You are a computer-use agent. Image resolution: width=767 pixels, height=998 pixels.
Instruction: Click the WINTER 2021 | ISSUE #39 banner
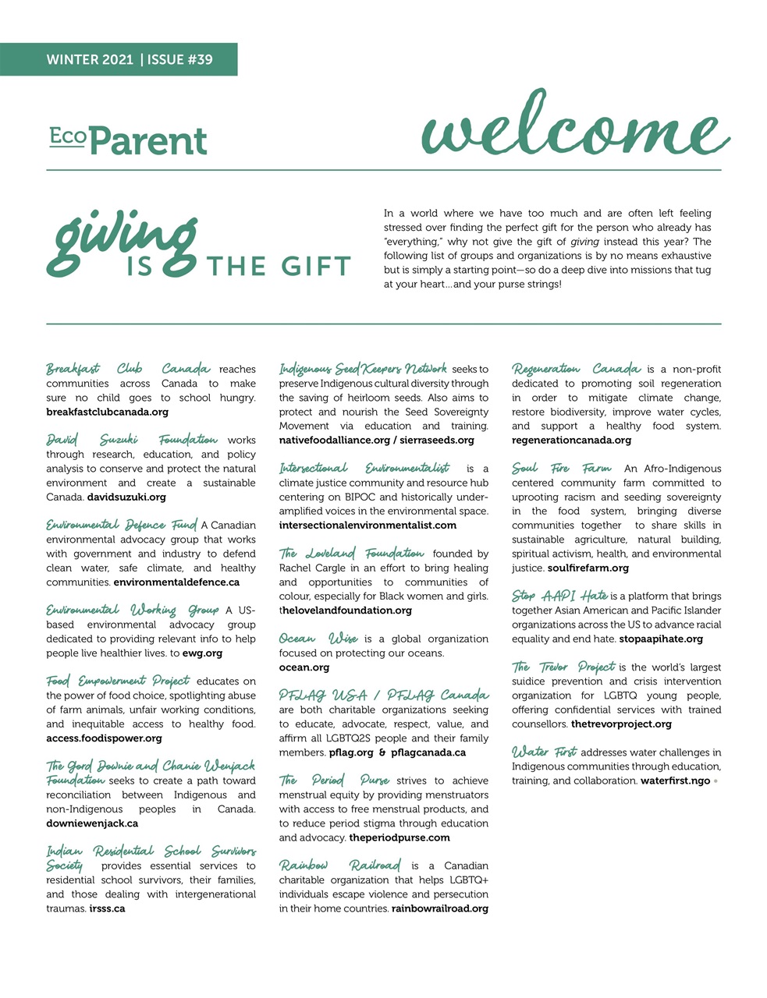point(129,59)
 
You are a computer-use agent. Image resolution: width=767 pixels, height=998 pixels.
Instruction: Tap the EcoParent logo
point(129,141)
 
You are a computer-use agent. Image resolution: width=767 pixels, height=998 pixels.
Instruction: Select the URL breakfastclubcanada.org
point(107,412)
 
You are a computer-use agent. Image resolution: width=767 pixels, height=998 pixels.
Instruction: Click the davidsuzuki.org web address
point(126,497)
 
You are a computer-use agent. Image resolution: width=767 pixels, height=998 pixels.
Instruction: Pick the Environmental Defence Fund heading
point(121,525)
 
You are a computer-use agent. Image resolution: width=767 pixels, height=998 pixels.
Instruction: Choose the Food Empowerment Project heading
point(118,681)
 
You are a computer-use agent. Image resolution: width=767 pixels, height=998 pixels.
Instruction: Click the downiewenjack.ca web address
point(92,823)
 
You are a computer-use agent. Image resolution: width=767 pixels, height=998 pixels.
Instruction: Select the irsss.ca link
point(107,908)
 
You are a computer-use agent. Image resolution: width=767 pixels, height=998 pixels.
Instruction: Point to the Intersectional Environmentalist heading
point(364,468)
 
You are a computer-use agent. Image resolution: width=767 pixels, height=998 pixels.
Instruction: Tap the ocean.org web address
point(304,667)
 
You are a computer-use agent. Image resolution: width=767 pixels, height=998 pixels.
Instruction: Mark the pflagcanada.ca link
point(428,752)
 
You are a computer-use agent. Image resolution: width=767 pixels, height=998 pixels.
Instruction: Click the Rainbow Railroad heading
point(340,865)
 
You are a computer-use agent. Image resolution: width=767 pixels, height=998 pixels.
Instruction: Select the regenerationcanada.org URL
point(571,440)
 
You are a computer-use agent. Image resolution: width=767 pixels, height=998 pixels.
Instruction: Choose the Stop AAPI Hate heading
point(559,596)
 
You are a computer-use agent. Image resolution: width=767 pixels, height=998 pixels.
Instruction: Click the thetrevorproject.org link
point(621,724)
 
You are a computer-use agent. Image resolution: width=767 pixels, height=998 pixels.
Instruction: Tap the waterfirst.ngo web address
point(676,780)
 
